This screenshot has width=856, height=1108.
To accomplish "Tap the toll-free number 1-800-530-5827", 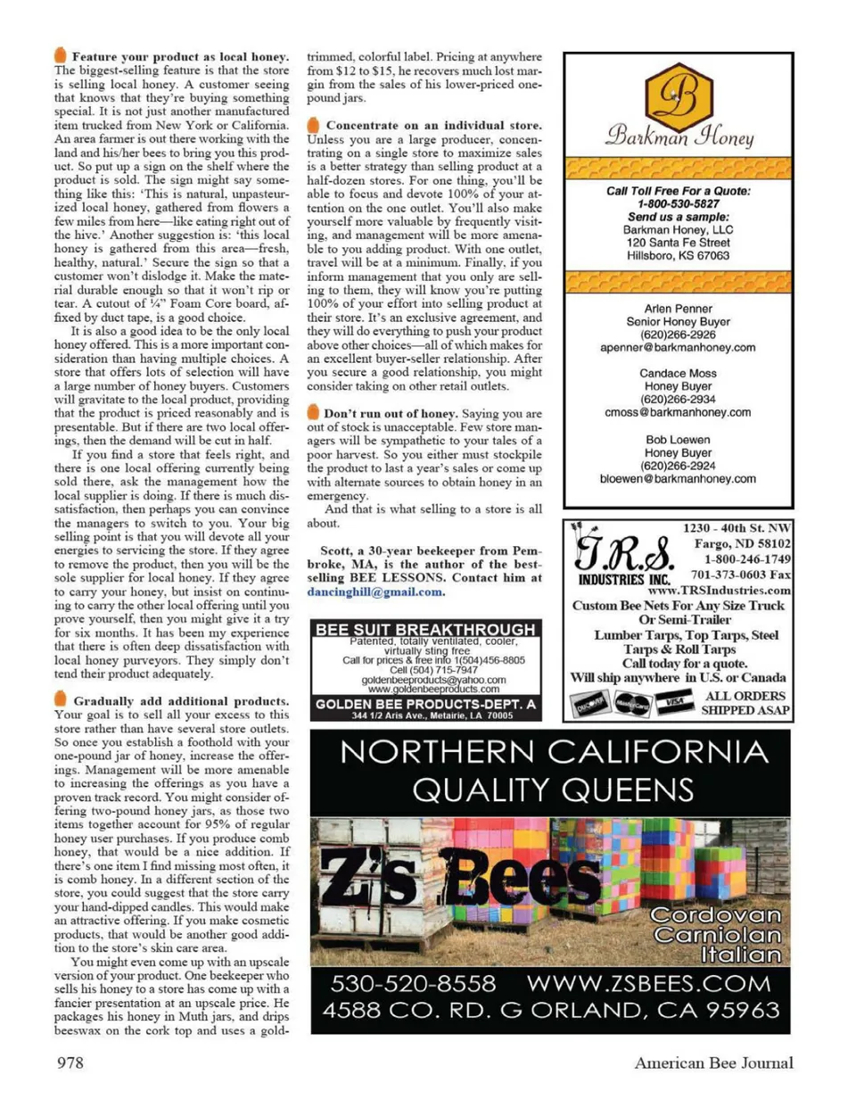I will tap(678, 203).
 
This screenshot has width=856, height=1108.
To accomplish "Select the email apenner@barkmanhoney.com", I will tap(678, 348).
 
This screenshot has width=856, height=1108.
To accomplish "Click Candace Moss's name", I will tap(678, 374).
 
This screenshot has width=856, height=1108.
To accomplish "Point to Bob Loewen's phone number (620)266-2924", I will tap(678, 466).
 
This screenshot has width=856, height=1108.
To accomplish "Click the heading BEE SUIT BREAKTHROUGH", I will tap(425, 629).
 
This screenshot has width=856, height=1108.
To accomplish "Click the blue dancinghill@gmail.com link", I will tap(374, 591).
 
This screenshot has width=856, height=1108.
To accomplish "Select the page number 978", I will tap(70, 1062).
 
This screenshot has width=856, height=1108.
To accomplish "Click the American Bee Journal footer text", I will tap(713, 1062).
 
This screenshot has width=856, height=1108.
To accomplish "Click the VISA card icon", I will tap(674, 704).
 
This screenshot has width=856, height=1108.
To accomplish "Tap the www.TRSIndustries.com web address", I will tap(719, 590).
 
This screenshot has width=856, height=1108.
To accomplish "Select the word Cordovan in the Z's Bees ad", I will tap(715, 915).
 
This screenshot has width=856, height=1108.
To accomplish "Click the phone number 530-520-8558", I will tap(413, 984).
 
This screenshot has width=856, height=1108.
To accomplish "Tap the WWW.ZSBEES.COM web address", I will tap(648, 984).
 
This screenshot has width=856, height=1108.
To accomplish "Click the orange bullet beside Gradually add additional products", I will tap(61, 700).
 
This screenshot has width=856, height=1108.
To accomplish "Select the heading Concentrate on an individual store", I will tap(433, 126).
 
